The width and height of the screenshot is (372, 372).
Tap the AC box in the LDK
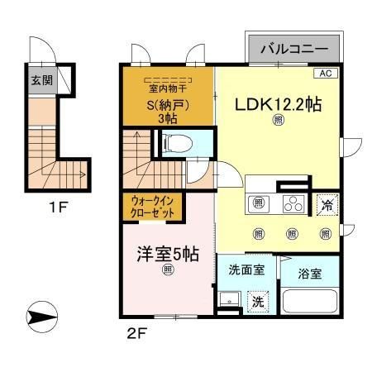(x=326, y=74)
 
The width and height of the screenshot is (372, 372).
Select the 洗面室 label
(x=246, y=269)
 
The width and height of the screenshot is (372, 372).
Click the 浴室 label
(x=310, y=274)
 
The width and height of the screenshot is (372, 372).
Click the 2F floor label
(x=136, y=335)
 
